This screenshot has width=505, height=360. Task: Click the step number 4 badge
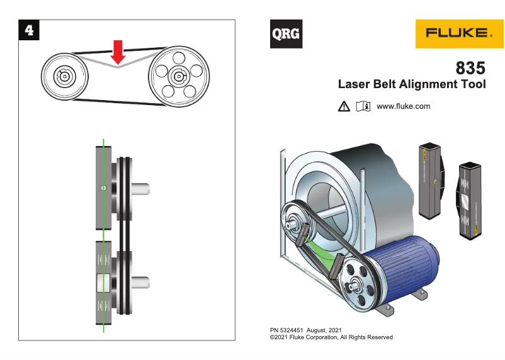(28, 28)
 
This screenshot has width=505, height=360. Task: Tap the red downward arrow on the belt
(118, 52)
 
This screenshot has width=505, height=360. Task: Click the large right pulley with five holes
(178, 76)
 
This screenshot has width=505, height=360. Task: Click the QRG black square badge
(286, 34)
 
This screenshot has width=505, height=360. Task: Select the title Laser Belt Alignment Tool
(412, 84)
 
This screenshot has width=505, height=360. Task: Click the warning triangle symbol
(343, 107)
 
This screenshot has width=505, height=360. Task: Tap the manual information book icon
(363, 106)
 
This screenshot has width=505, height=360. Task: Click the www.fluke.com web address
(403, 106)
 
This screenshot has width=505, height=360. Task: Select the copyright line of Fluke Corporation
(331, 337)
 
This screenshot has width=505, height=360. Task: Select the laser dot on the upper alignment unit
(104, 188)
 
